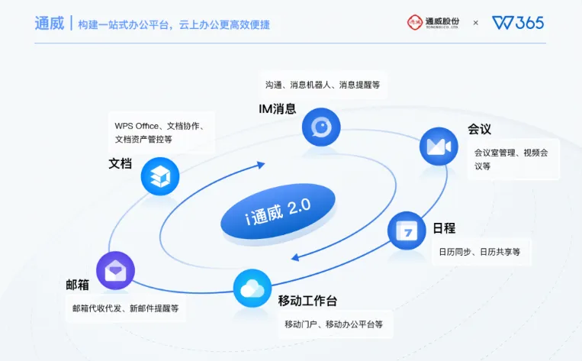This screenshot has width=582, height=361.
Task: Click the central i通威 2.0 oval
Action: pyautogui.click(x=268, y=214)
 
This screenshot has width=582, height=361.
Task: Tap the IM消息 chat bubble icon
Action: pyautogui.click(x=320, y=127)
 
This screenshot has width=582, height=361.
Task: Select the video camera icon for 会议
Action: pyautogui.click(x=439, y=147)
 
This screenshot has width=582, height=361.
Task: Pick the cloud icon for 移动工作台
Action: pyautogui.click(x=252, y=288)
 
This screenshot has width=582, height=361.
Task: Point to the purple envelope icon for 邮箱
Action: pyautogui.click(x=115, y=270)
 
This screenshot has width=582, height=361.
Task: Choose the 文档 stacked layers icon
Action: pyautogui.click(x=159, y=176)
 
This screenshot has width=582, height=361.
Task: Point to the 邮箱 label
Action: pyautogui.click(x=78, y=285)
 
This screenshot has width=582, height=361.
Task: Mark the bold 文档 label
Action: pyautogui.click(x=121, y=163)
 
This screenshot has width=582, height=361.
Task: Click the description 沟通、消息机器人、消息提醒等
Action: pyautogui.click(x=322, y=84)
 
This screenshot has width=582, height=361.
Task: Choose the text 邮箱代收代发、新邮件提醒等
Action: pyautogui.click(x=125, y=308)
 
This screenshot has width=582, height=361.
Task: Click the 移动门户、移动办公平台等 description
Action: pyautogui.click(x=333, y=324)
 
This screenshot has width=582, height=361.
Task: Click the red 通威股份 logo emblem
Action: pyautogui.click(x=416, y=22)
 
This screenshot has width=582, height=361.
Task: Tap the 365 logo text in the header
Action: pyautogui.click(x=529, y=23)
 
